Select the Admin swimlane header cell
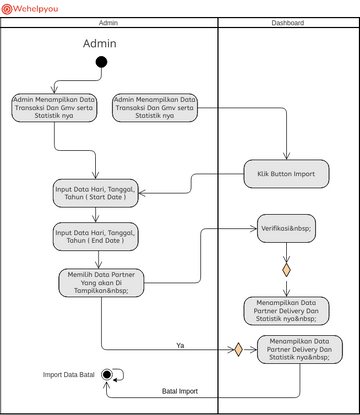[109, 22]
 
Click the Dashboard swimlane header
[288, 22]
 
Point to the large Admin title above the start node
[99, 43]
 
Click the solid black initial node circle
[100, 63]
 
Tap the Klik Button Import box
[279, 173]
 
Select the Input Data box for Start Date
[95, 193]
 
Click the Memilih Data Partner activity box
[98, 283]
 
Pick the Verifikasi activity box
[286, 228]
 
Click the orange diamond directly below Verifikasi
[286, 270]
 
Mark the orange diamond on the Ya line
[238, 350]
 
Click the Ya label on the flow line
[180, 345]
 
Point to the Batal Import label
[180, 391]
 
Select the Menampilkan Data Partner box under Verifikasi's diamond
[286, 311]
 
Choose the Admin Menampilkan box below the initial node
[55, 108]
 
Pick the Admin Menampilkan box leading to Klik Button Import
[154, 108]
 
